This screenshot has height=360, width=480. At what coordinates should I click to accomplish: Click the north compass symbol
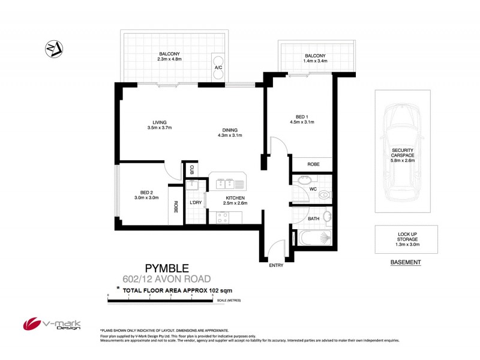tap(55, 49)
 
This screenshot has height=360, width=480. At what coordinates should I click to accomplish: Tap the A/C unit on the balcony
tap(218, 62)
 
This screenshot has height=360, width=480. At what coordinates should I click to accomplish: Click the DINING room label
tap(229, 130)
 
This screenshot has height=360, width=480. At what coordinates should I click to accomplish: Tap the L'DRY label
tap(196, 203)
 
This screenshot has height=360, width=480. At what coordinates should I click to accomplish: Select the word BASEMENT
tap(406, 263)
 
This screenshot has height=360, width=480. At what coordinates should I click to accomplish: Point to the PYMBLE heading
tap(167, 268)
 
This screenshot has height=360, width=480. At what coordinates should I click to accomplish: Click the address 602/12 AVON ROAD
tap(166, 278)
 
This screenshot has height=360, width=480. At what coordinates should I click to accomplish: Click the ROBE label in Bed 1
tap(313, 164)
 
